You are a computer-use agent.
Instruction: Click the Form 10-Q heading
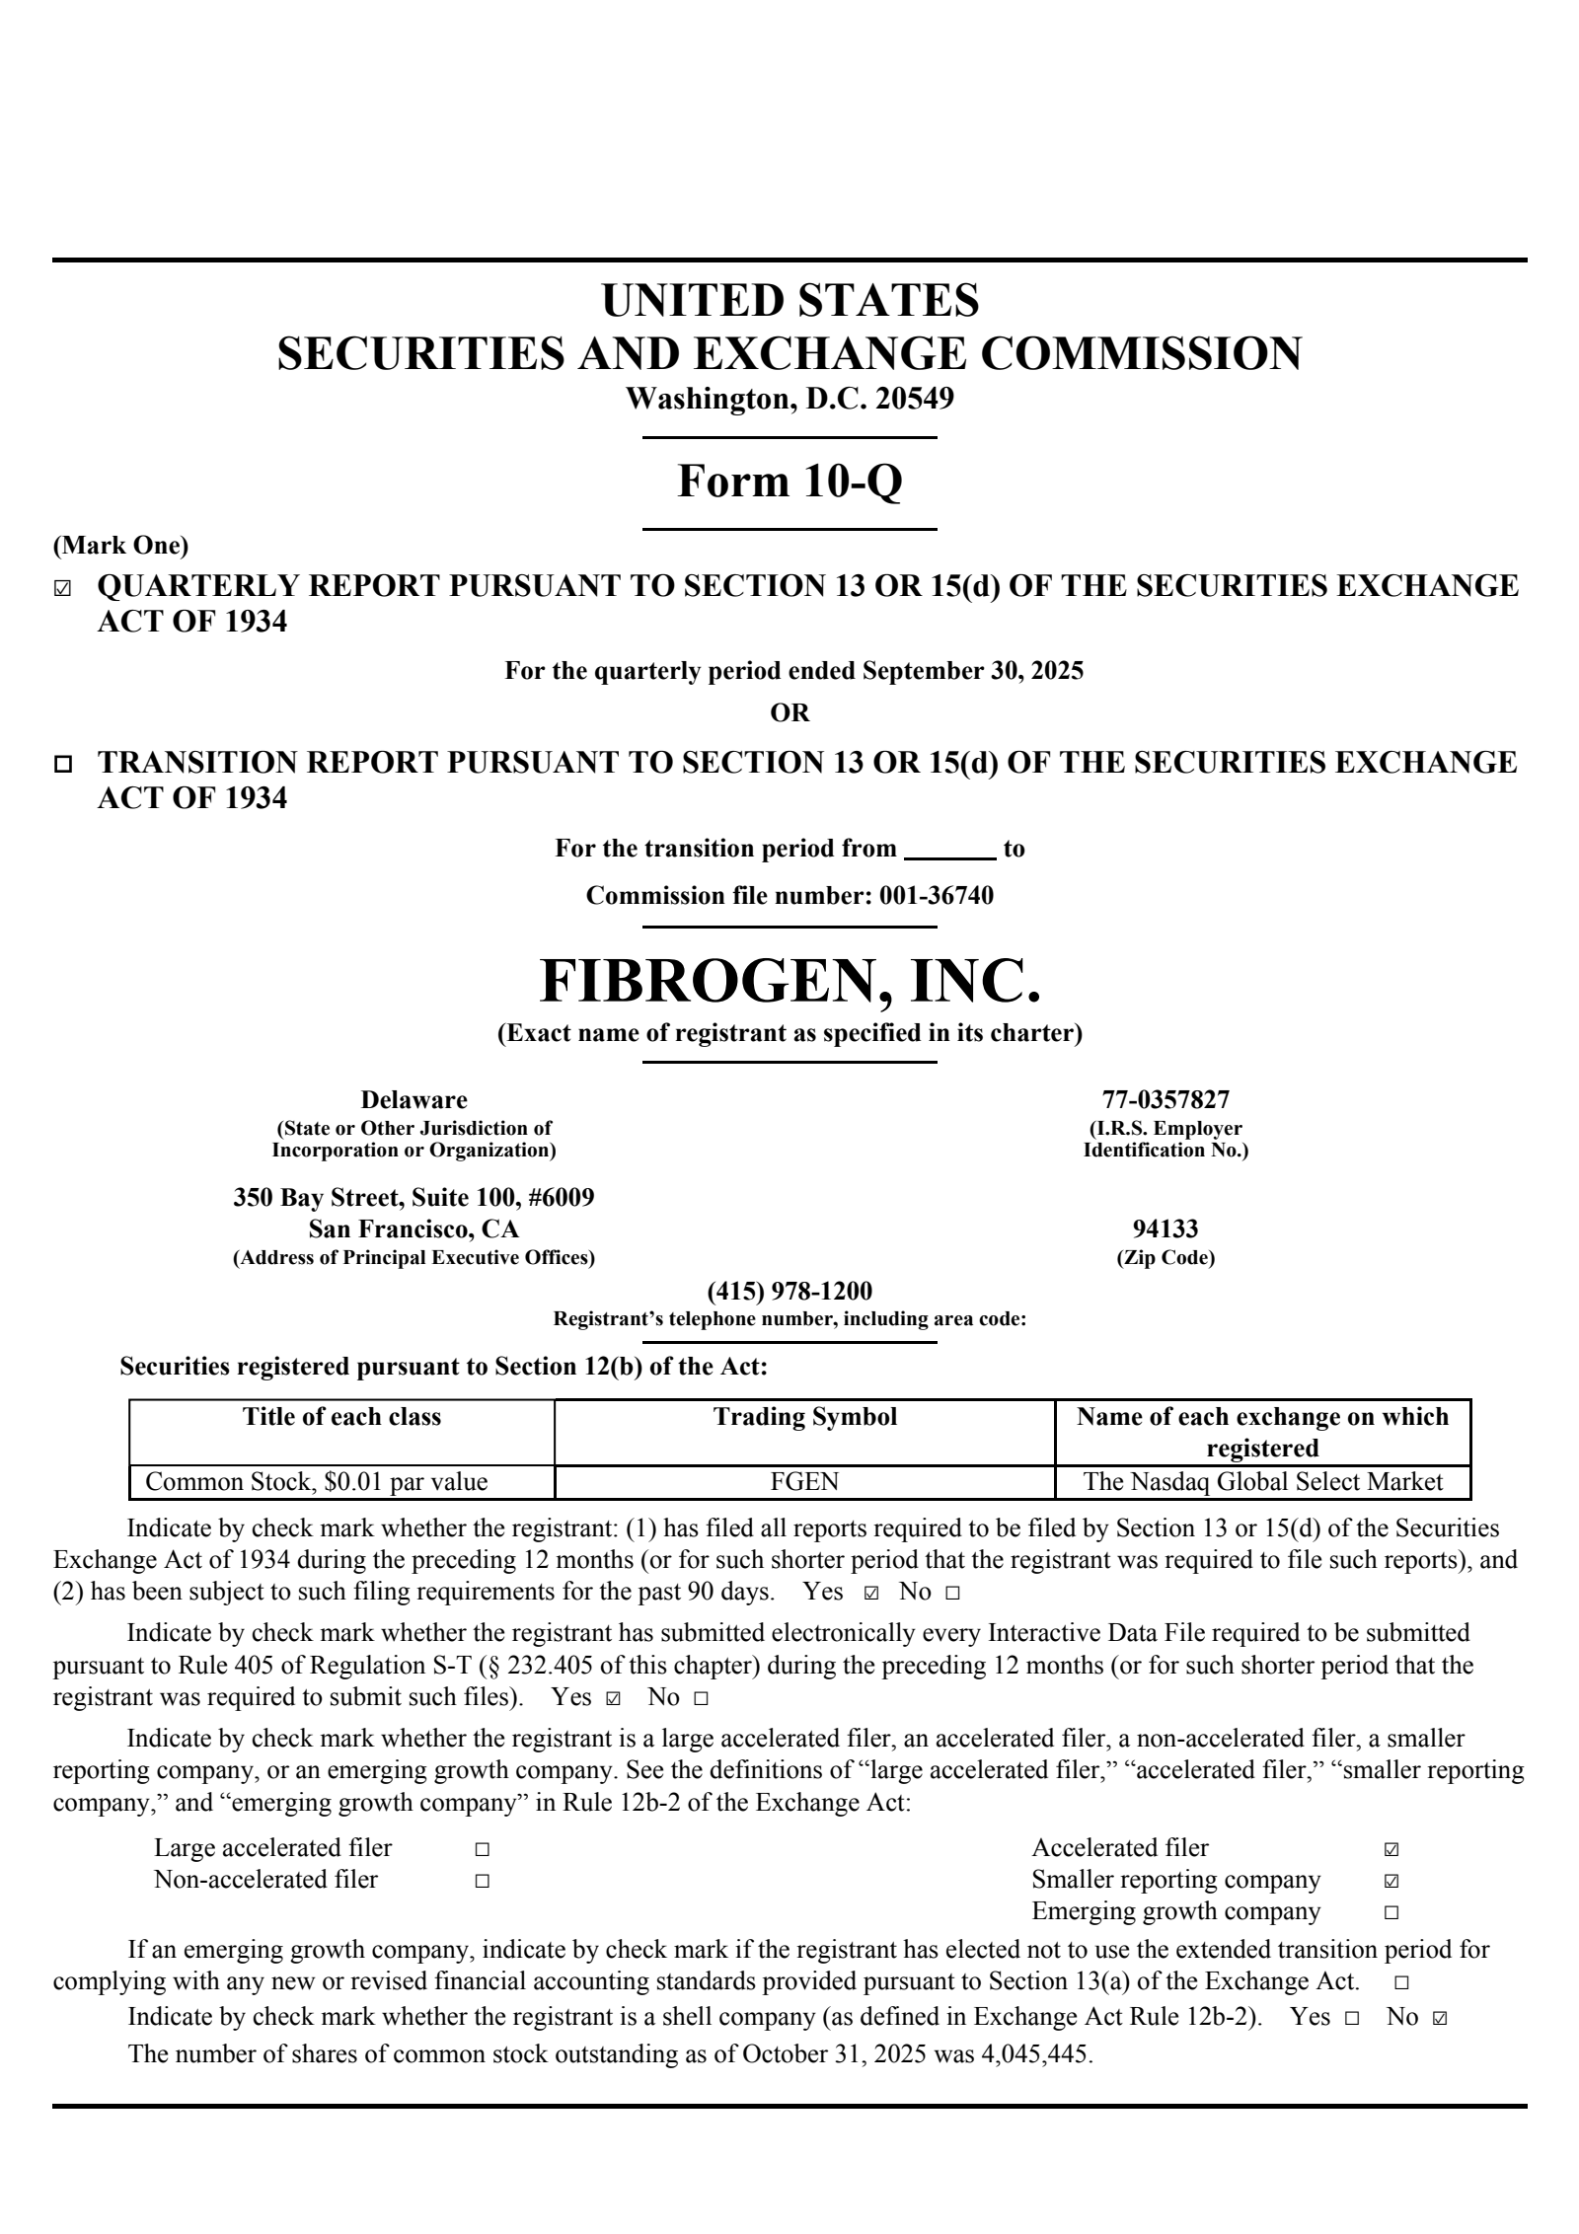[x=789, y=482]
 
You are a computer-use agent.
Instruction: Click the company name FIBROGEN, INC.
[x=789, y=981]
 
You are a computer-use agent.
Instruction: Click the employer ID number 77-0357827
[x=1165, y=1099]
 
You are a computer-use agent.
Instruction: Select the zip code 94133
[x=1165, y=1229]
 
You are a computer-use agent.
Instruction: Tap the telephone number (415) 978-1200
[x=789, y=1292]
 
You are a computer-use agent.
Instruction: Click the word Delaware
[x=414, y=1099]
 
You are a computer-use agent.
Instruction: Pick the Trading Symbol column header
[x=805, y=1417]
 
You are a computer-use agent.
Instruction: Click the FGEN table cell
[x=805, y=1481]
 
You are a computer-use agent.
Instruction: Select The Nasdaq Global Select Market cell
[x=1262, y=1481]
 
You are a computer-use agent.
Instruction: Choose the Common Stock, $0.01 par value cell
[x=317, y=1481]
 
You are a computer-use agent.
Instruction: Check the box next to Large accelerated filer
[x=482, y=1849]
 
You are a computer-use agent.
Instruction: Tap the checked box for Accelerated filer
[x=1391, y=1849]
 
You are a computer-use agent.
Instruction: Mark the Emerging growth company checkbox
[x=1391, y=1912]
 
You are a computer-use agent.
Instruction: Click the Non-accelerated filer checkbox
[x=482, y=1881]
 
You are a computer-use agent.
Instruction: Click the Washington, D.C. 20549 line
[x=789, y=399]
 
